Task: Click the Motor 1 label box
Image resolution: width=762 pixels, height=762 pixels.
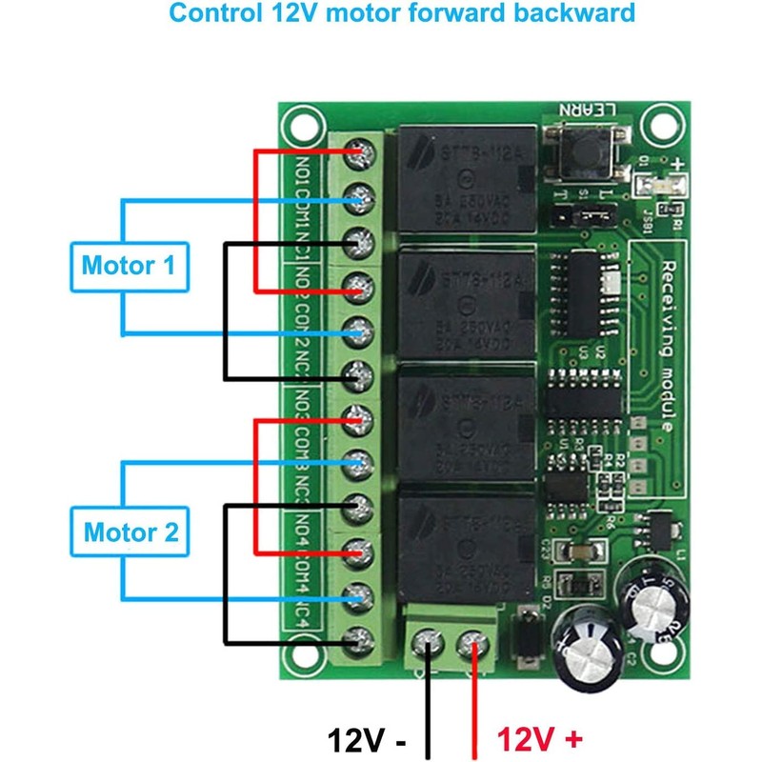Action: pyautogui.click(x=129, y=266)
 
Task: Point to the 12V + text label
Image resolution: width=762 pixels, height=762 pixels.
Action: pyautogui.click(x=539, y=739)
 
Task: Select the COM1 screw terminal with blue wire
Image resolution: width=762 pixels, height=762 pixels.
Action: pyautogui.click(x=358, y=198)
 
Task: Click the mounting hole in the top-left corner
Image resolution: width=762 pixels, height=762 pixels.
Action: pyautogui.click(x=301, y=124)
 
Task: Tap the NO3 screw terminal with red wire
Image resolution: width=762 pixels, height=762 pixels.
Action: pyautogui.click(x=358, y=417)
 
